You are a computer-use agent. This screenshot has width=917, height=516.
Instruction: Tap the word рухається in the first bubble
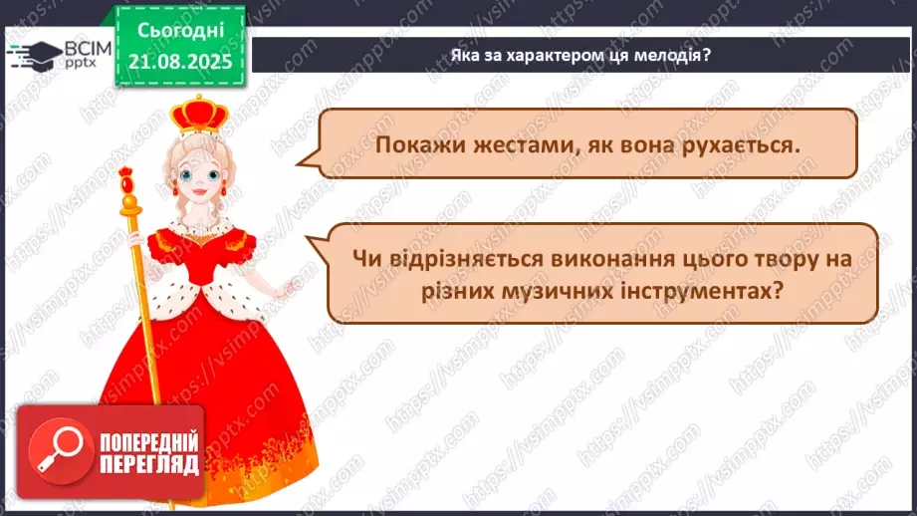click(x=738, y=145)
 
